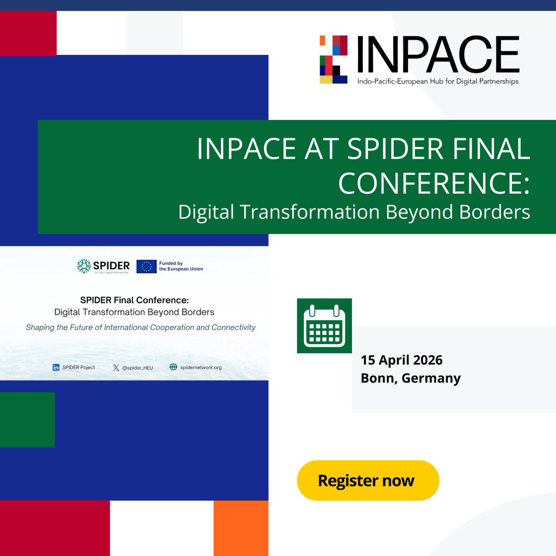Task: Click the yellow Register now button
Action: tap(367, 480)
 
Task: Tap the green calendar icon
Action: tap(324, 326)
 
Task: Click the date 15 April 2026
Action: tap(402, 360)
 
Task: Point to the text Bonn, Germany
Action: tap(411, 378)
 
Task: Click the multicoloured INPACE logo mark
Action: tap(334, 59)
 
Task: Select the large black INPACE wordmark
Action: tap(438, 55)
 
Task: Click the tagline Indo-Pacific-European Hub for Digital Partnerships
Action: tap(437, 82)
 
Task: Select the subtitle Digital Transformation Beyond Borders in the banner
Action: tap(354, 212)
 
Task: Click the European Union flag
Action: tap(146, 266)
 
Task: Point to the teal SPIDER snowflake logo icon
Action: tap(84, 266)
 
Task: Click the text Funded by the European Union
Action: tap(181, 266)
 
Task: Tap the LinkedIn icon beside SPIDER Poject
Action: tap(56, 367)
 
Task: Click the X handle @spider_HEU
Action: tap(137, 368)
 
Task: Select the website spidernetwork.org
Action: tap(201, 367)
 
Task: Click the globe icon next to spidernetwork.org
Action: tap(173, 367)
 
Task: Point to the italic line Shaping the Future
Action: tap(140, 328)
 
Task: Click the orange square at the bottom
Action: tap(240, 528)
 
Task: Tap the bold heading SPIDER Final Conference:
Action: tap(134, 300)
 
